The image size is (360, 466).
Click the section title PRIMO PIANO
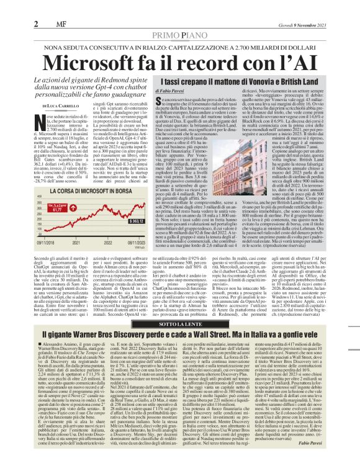tap(179, 20)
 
